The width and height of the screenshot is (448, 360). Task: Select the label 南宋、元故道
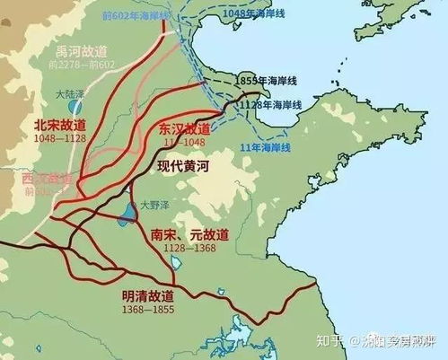point(187,234)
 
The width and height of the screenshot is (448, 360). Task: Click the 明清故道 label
point(152,294)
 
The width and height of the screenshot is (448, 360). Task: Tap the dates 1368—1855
point(150,308)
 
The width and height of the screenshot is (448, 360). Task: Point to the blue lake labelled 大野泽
point(122,215)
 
